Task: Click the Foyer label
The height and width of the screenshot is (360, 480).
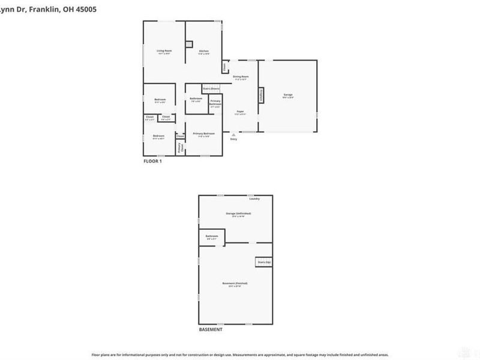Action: coord(239,112)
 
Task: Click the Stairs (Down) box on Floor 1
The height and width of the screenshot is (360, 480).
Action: coord(211,89)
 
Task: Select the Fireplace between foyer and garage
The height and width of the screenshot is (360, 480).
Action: coord(260,95)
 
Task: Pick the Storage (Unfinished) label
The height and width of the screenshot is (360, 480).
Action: coord(238,214)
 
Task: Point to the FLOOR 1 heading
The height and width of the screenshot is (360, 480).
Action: coord(152,161)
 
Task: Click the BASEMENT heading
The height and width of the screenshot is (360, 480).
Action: coord(211,330)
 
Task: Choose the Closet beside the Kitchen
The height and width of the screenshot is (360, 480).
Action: coord(224,67)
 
